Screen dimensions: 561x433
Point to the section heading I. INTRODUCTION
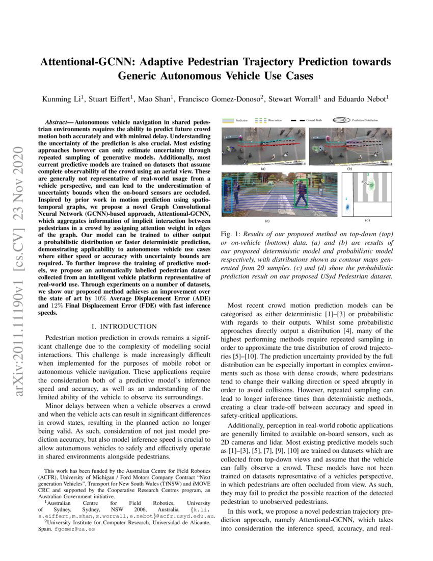click(x=123, y=326)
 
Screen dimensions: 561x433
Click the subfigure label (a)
click(x=263, y=168)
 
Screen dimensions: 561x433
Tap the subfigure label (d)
click(x=367, y=220)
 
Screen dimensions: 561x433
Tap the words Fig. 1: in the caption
click(x=230, y=234)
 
